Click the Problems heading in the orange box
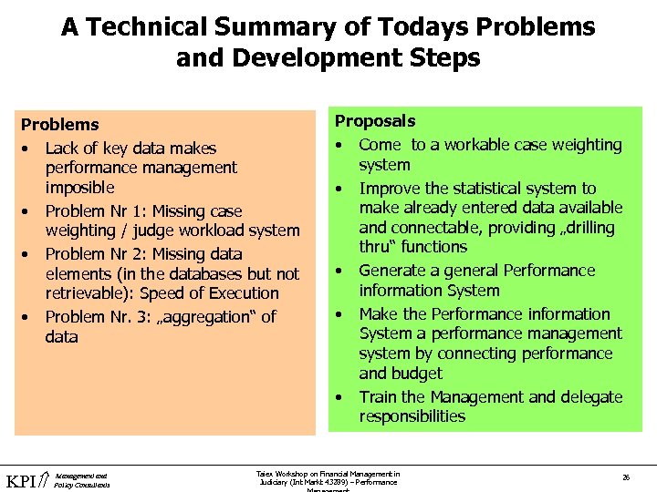(x=60, y=125)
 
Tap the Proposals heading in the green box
(x=375, y=121)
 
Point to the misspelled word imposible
(x=80, y=188)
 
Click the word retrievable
(x=89, y=293)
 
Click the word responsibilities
(x=412, y=417)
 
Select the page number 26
(x=626, y=477)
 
